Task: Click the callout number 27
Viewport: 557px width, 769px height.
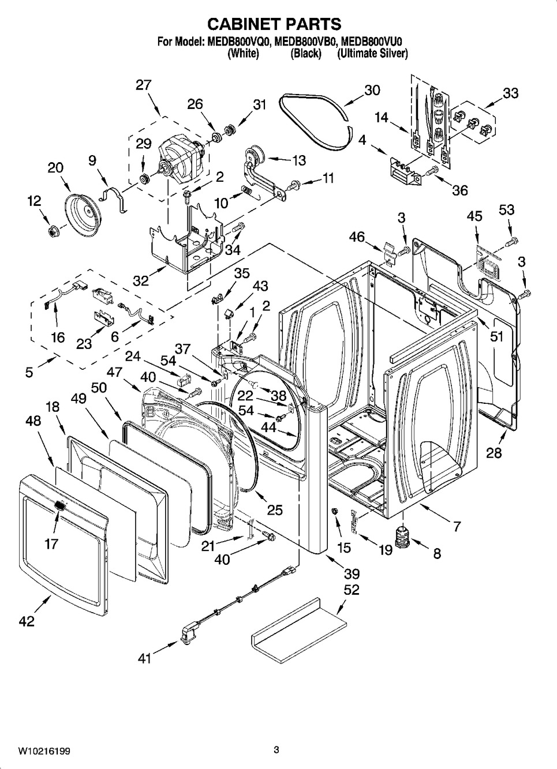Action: (x=144, y=85)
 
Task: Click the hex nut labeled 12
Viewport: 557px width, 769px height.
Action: (x=53, y=232)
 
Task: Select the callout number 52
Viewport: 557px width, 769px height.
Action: (x=352, y=590)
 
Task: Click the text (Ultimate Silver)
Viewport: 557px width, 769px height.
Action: (x=373, y=54)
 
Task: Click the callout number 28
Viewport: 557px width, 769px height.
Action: (x=494, y=453)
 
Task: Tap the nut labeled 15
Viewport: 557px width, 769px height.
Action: (x=334, y=512)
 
